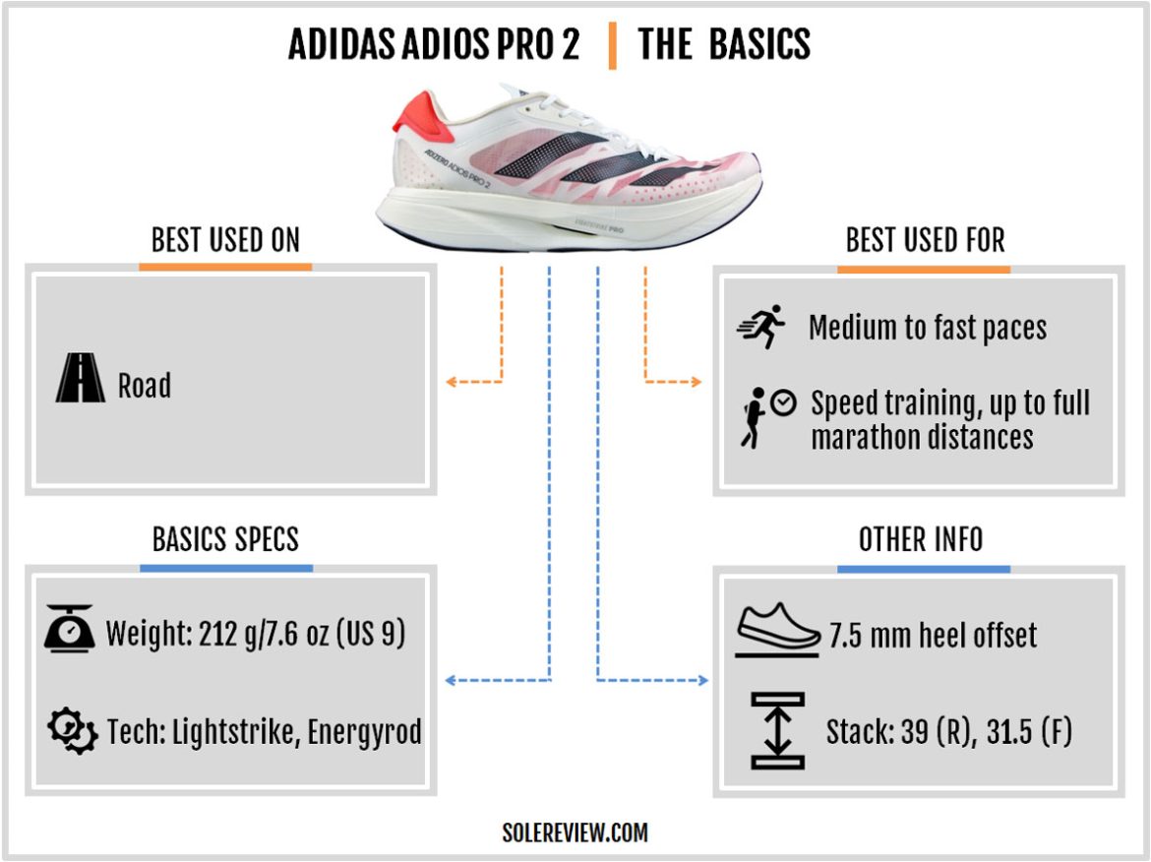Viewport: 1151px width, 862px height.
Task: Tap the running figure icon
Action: [761, 326]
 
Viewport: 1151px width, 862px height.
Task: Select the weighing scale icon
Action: [69, 630]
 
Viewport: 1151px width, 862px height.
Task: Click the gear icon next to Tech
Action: [71, 730]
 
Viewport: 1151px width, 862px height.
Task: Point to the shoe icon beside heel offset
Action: [777, 628]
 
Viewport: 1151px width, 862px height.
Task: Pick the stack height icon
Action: [777, 730]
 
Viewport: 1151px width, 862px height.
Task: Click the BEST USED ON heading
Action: [225, 240]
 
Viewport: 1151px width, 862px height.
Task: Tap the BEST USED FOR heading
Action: [925, 240]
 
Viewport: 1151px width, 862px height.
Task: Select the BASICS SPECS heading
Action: [225, 539]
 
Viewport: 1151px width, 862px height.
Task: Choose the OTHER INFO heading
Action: [921, 539]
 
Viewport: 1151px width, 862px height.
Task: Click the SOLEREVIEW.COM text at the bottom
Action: [575, 832]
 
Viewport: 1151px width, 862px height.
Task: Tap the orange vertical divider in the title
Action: [612, 45]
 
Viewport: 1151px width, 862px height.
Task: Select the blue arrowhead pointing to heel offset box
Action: [702, 680]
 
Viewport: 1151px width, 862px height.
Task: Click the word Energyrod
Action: [365, 732]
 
